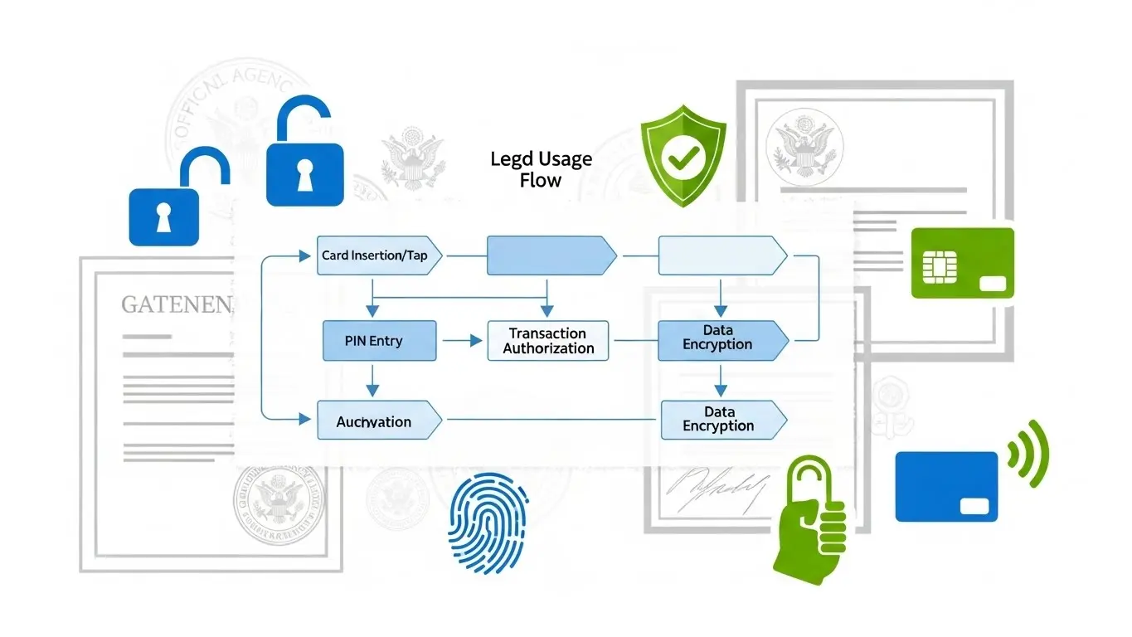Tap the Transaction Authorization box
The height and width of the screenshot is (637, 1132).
pyautogui.click(x=548, y=341)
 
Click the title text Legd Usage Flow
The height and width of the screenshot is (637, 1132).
pyautogui.click(x=541, y=169)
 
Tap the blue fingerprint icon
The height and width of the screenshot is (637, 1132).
pyautogui.click(x=482, y=524)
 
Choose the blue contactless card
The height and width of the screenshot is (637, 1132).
pyautogui.click(x=946, y=486)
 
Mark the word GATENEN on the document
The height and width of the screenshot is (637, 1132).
pyautogui.click(x=177, y=305)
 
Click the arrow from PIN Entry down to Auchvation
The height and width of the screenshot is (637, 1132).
pyautogui.click(x=372, y=380)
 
